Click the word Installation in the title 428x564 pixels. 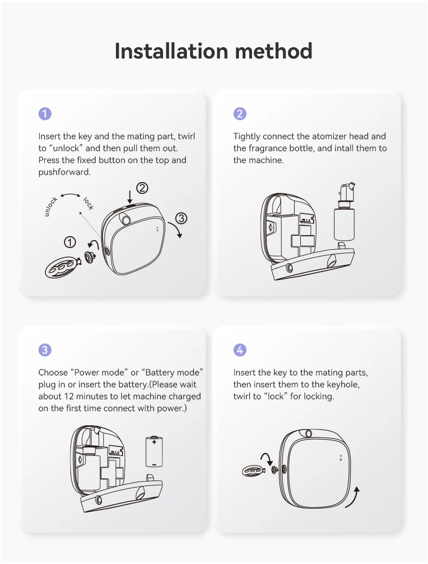click(171, 51)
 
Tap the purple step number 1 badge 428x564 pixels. click(45, 114)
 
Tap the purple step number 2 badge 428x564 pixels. click(240, 114)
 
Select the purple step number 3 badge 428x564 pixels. click(45, 350)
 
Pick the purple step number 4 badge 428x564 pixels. click(240, 350)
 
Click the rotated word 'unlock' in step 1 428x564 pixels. click(51, 206)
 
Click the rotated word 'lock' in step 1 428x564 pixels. click(88, 203)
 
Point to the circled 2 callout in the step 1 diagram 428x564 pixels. click(142, 188)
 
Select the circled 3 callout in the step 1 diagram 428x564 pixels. click(181, 218)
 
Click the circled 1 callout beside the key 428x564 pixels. click(70, 242)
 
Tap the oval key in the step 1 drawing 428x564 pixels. click(61, 267)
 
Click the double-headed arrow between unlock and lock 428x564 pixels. click(70, 195)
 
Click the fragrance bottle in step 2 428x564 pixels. click(344, 222)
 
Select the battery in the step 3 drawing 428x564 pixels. click(154, 451)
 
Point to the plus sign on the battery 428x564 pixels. click(154, 442)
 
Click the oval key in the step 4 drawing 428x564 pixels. click(254, 470)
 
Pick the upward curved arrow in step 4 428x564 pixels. click(353, 498)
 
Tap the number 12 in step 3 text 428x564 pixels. click(69, 397)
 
